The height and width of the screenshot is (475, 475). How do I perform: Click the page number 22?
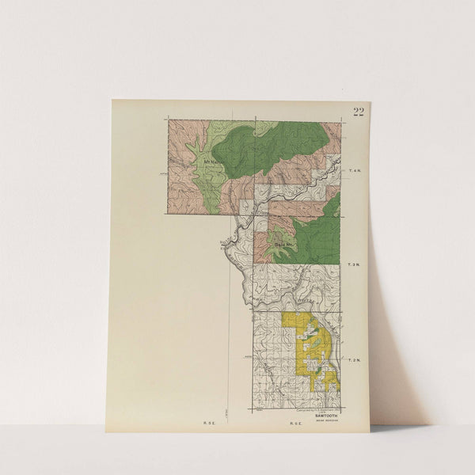click(x=359, y=112)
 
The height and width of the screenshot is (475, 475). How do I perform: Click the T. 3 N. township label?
click(x=355, y=264)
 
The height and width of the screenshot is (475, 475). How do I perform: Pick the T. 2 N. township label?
click(x=355, y=361)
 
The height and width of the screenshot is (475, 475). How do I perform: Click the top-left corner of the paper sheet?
click(x=112, y=100)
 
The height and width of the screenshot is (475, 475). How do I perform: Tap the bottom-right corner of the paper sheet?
click(x=369, y=431)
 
